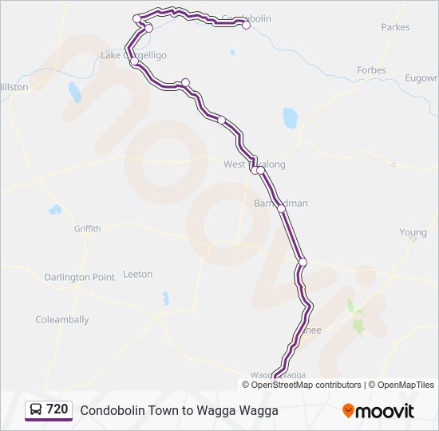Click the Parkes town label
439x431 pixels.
[395, 27]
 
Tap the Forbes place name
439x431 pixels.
[371, 70]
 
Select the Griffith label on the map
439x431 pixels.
[88, 229]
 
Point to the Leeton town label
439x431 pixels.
[137, 275]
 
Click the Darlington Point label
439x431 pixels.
[79, 278]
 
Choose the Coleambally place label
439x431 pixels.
[61, 320]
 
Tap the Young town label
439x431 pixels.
[413, 233]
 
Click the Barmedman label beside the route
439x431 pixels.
[280, 204]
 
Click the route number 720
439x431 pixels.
[57, 409]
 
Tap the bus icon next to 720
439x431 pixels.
[36, 410]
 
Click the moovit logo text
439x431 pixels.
[385, 411]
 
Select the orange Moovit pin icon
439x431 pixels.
[348, 411]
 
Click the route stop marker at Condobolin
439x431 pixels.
[247, 25]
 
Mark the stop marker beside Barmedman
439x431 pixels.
[281, 209]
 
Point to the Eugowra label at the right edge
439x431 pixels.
[421, 78]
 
